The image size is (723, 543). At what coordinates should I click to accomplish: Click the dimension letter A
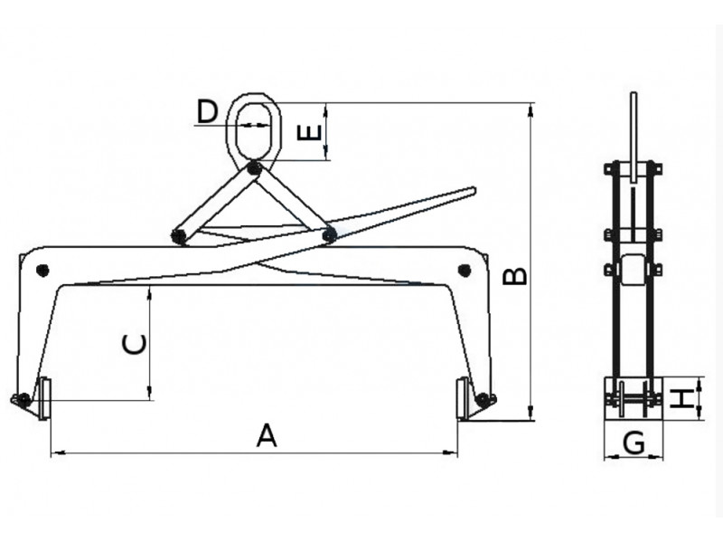coord(267,436)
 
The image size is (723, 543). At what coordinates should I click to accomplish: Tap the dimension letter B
coord(515,276)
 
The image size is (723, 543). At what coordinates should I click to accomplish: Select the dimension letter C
coord(135,345)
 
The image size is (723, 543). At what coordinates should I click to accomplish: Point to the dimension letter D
coord(207,111)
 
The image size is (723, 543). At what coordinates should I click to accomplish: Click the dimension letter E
coord(308,133)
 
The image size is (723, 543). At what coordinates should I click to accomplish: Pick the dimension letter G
coord(634,443)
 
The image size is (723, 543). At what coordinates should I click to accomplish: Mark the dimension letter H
coord(682,398)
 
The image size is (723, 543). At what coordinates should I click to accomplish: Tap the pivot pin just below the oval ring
coord(254,169)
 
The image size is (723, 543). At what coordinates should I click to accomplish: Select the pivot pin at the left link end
coord(177,236)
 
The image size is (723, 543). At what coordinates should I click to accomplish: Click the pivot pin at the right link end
coord(329,235)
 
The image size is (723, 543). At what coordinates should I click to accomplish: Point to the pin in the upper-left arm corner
coord(42,270)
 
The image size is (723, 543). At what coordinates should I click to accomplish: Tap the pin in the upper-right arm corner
coord(465,270)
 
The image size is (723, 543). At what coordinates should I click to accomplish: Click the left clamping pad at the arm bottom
coord(44,398)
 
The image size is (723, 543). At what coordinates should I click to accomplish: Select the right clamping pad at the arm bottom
coord(463,398)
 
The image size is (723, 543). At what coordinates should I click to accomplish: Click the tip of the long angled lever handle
coord(474,191)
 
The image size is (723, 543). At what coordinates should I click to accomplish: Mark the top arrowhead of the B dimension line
coord(531,109)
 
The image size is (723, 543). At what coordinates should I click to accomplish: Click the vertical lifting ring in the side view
coord(634,138)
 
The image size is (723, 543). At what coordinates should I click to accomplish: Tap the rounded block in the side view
coord(634,270)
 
